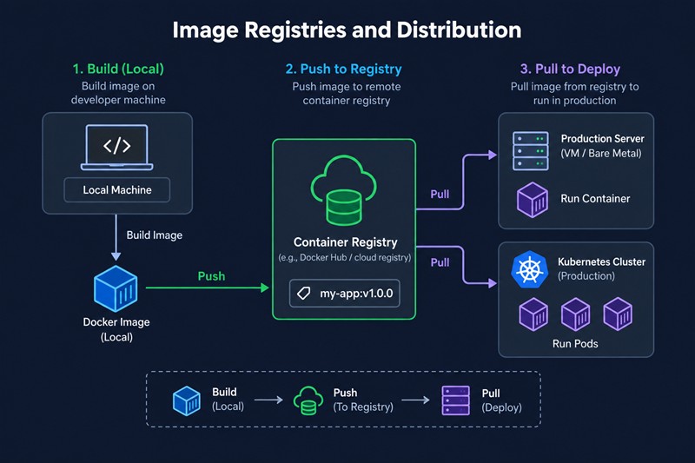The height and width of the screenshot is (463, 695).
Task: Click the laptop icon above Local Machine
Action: tap(117, 148)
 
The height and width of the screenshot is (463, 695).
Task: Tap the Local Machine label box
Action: tap(117, 190)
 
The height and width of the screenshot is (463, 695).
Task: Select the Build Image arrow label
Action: tap(155, 235)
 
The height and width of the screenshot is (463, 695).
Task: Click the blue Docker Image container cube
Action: tap(116, 288)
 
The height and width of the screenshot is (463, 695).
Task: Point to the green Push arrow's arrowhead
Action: tap(265, 288)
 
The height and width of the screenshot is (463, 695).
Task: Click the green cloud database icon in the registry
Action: tap(344, 190)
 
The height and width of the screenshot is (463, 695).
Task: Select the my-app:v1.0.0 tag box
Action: tap(344, 294)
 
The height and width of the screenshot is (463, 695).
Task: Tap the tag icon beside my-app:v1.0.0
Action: tap(303, 294)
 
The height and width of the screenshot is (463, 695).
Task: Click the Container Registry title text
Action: tap(345, 242)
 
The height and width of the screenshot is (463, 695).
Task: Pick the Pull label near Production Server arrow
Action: tap(440, 194)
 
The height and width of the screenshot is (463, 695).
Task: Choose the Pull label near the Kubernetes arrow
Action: tap(440, 262)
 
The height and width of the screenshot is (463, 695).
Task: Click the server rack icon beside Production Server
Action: tap(531, 150)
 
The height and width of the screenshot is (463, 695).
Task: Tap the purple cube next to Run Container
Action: tap(533, 200)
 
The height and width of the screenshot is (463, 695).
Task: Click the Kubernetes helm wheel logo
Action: tap(529, 269)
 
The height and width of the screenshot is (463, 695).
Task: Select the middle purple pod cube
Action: tap(575, 314)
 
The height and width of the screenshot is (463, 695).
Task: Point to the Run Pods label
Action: tap(575, 344)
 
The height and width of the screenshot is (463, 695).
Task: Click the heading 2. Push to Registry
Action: tap(343, 69)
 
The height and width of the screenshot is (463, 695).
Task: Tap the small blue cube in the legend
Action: tap(187, 400)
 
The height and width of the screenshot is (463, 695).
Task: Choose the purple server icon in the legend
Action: tap(455, 400)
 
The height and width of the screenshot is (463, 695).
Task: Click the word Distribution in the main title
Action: tap(459, 30)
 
